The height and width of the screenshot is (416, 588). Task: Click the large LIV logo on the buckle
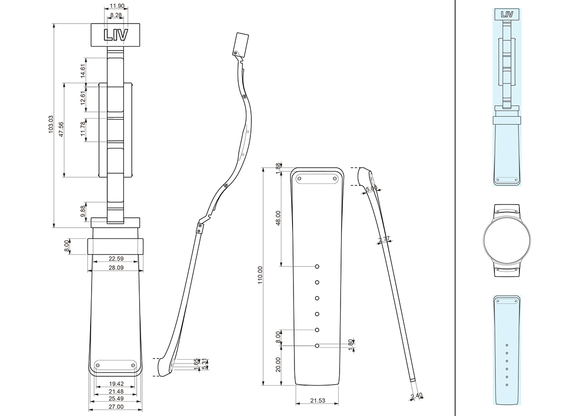click(116, 34)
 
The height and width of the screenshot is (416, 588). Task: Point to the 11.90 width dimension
click(116, 6)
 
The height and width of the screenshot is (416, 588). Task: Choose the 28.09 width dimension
click(116, 268)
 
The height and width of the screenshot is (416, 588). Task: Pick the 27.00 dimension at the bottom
click(116, 407)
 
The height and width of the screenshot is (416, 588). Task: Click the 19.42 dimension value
click(116, 383)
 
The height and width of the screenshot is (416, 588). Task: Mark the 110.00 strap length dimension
click(260, 276)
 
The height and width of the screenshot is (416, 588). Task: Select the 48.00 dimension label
click(278, 218)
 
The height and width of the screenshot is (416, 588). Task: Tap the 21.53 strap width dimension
click(318, 401)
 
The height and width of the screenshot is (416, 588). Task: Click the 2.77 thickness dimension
click(384, 240)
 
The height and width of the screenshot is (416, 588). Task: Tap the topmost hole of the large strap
click(318, 266)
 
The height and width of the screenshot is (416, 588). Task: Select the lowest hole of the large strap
click(318, 346)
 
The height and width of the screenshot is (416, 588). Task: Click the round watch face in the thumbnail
click(507, 240)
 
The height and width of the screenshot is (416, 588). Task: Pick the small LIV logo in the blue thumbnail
click(507, 14)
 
